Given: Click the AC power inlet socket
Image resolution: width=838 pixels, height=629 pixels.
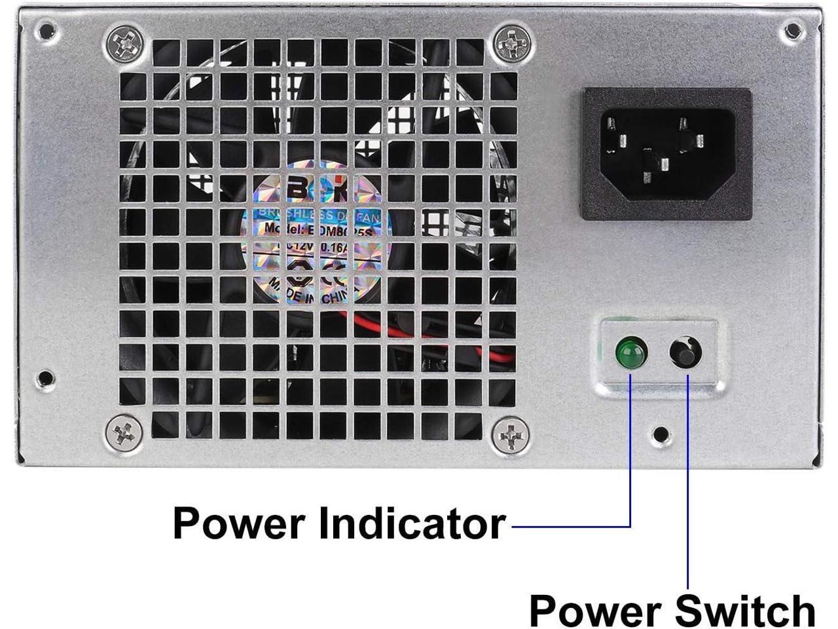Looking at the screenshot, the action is click(x=666, y=154).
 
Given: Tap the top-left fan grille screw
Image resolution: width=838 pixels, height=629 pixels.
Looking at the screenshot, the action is click(x=124, y=43).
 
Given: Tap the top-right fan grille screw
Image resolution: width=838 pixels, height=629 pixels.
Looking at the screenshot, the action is click(x=510, y=43).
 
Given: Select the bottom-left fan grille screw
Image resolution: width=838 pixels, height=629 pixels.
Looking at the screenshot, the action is click(x=124, y=432).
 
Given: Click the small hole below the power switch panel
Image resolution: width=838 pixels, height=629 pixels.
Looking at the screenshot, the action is click(x=661, y=433).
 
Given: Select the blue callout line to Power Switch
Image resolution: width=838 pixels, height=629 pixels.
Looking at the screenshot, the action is click(x=688, y=485).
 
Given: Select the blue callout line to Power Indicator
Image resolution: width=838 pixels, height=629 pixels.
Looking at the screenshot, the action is click(x=630, y=459).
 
